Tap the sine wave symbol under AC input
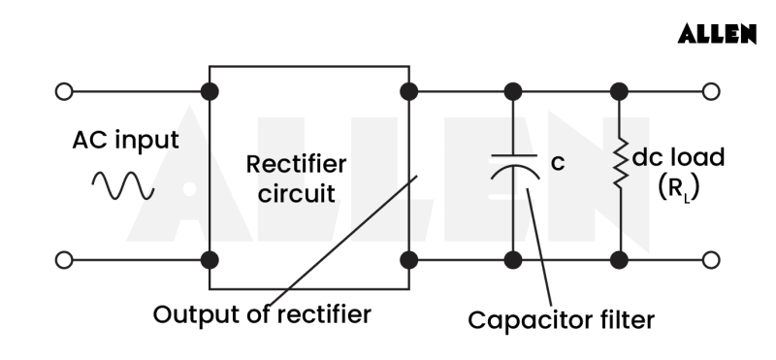pyautogui.click(x=122, y=184)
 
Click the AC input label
pyautogui.click(x=126, y=140)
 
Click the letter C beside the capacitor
pyautogui.click(x=557, y=164)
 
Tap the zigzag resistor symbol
pyautogui.click(x=618, y=166)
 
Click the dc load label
pyautogui.click(x=677, y=157)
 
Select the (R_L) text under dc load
pyautogui.click(x=677, y=188)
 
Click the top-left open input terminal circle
pyautogui.click(x=64, y=92)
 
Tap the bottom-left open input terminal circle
pyautogui.click(x=64, y=260)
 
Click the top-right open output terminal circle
pyautogui.click(x=712, y=92)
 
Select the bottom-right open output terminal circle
pyautogui.click(x=712, y=260)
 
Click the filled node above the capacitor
pyautogui.click(x=513, y=92)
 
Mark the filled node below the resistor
pyautogui.click(x=618, y=260)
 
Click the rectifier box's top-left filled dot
pyautogui.click(x=210, y=92)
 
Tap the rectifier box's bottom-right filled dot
pyautogui.click(x=409, y=260)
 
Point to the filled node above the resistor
pyautogui.click(x=618, y=92)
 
